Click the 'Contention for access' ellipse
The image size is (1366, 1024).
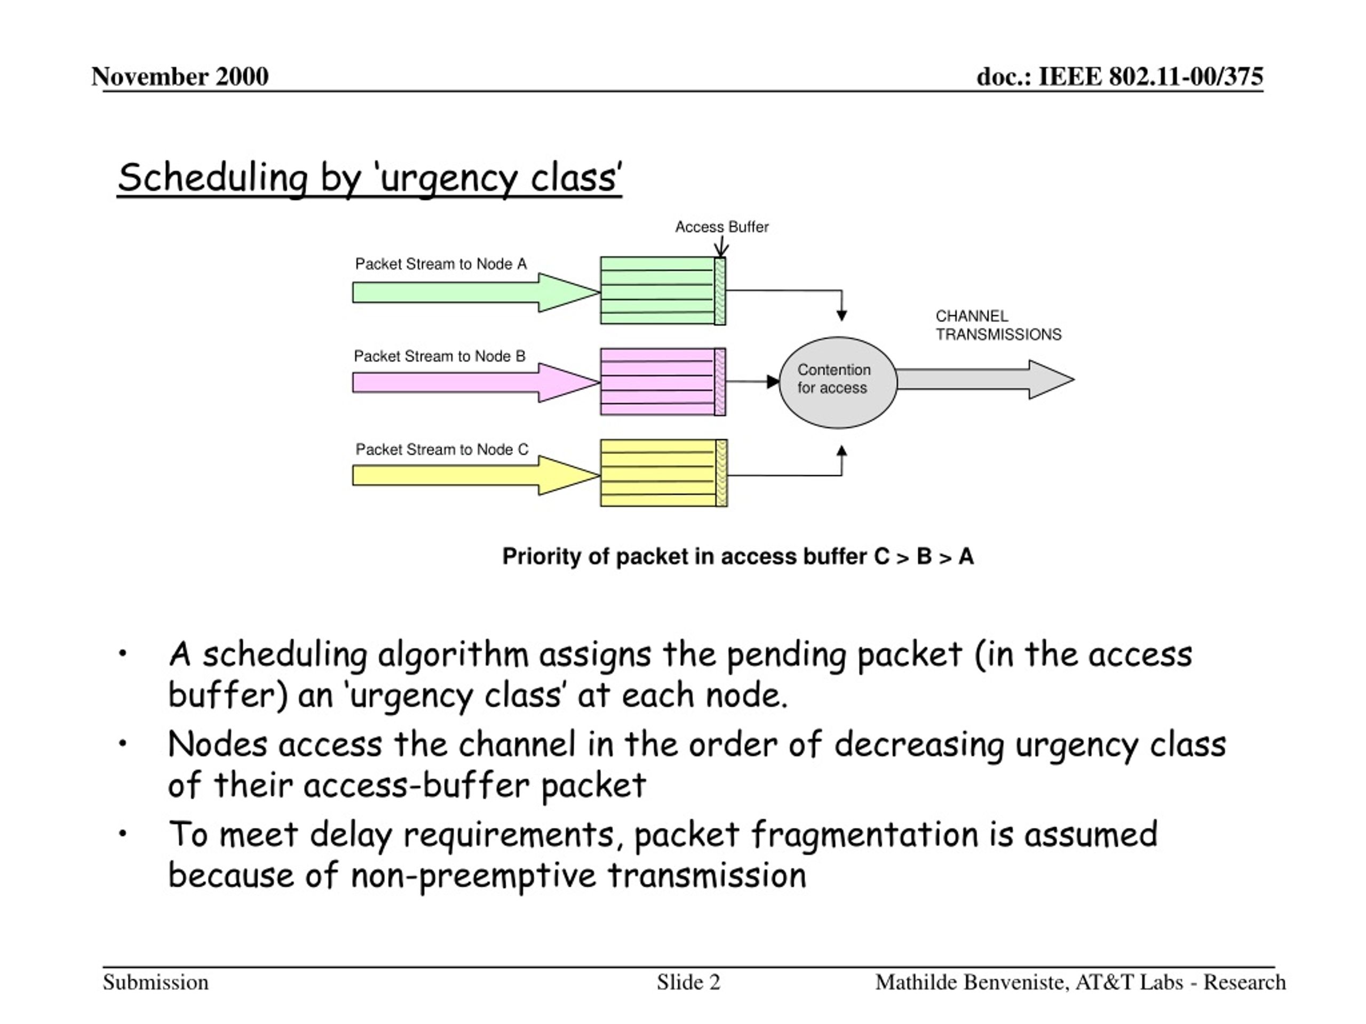click(x=838, y=382)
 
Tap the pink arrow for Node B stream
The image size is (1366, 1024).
click(x=476, y=383)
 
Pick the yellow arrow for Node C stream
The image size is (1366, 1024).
click(x=476, y=475)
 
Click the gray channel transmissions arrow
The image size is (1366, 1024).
click(x=986, y=380)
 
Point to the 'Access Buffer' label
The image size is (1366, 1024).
click(x=721, y=227)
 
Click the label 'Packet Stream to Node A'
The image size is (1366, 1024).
click(x=441, y=264)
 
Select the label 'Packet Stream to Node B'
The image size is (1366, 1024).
click(x=440, y=356)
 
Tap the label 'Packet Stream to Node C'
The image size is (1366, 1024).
click(x=442, y=450)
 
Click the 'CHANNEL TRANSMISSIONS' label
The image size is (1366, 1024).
click(x=998, y=325)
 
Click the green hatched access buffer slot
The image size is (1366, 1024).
click(x=720, y=291)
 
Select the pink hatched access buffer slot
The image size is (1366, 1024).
click(x=720, y=382)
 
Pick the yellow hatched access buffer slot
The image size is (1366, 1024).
click(x=721, y=474)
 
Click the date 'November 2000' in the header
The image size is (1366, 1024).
click(x=180, y=77)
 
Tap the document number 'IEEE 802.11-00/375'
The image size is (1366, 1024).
click(x=1150, y=77)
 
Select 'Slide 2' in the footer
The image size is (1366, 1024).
click(x=688, y=982)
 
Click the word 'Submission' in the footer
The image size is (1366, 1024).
click(x=156, y=982)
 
